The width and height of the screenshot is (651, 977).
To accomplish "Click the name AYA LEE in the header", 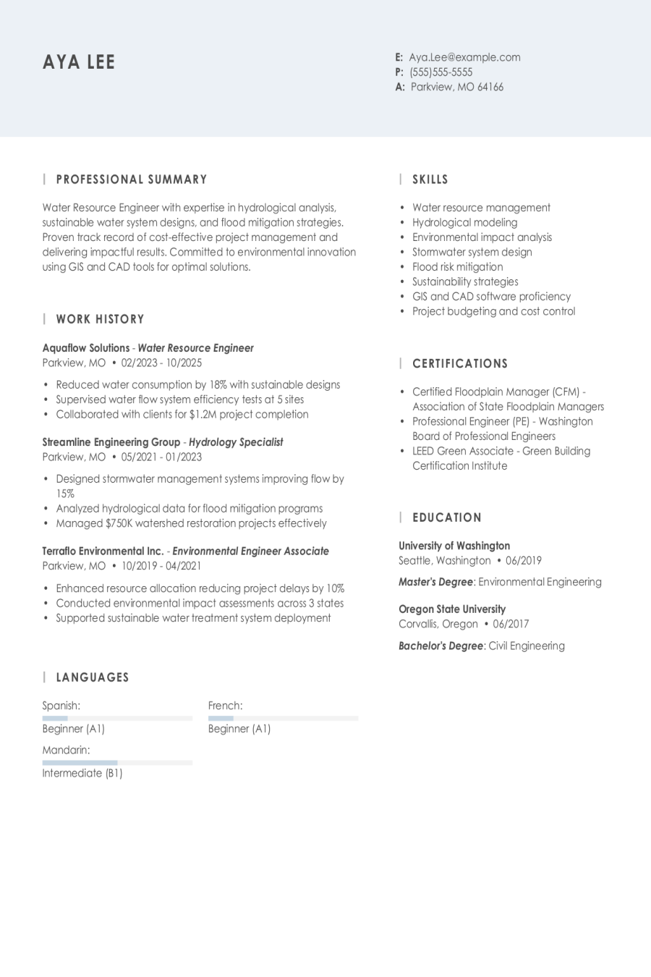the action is click(x=79, y=62).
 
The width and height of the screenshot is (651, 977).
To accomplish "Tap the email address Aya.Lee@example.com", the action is click(x=464, y=57).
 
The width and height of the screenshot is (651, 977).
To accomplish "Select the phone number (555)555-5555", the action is click(x=441, y=72).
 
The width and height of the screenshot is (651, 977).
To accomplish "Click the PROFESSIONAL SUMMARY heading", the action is click(x=132, y=179).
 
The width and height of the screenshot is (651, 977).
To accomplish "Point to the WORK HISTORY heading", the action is click(x=100, y=319).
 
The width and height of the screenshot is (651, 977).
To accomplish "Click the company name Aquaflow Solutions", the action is click(x=86, y=348).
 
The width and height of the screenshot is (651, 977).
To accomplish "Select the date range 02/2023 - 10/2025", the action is click(x=161, y=363).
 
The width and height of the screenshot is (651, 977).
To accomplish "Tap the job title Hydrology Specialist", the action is click(x=236, y=442).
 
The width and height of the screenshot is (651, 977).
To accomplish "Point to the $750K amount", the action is click(x=119, y=523).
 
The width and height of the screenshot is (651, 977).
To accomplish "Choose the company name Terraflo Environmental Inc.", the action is click(x=103, y=551).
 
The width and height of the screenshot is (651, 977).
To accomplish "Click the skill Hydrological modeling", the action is click(x=464, y=223).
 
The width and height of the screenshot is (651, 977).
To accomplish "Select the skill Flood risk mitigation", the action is click(x=457, y=267).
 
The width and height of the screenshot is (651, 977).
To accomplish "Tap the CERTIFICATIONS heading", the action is click(x=460, y=364).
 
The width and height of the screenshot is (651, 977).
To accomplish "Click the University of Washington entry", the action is click(x=454, y=546).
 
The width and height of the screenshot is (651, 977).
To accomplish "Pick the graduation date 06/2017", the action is click(x=511, y=624).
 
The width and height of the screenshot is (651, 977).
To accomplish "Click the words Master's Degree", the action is click(x=435, y=582).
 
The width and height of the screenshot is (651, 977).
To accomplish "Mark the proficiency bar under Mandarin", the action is click(x=117, y=763).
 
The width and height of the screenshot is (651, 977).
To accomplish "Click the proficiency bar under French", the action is click(x=283, y=718).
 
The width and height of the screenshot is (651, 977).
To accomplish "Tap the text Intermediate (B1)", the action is click(x=82, y=773).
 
